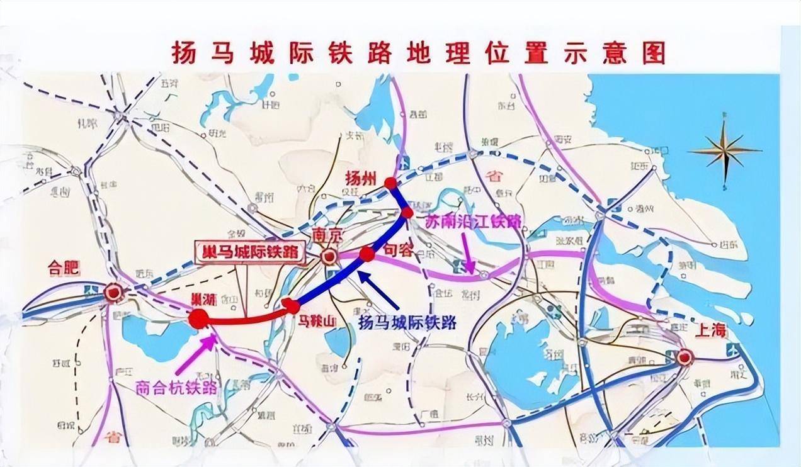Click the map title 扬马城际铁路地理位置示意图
tap(418, 53)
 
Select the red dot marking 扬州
tap(391, 183)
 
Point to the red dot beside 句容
tap(367, 254)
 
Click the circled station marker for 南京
tap(328, 257)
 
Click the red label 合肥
tap(64, 269)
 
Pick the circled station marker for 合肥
tap(113, 292)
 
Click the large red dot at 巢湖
tap(198, 319)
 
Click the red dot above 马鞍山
tap(292, 307)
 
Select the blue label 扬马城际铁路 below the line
tap(407, 323)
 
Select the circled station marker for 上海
tap(685, 358)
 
